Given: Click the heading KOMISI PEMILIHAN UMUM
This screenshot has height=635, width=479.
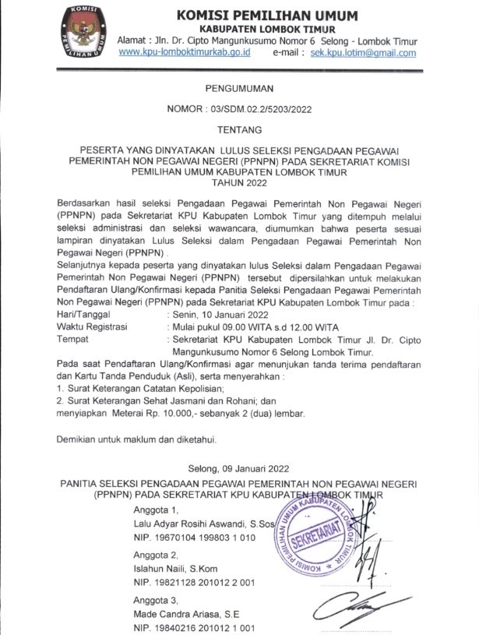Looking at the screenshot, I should [267, 16].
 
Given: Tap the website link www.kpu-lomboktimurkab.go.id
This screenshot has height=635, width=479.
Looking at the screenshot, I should [184, 53].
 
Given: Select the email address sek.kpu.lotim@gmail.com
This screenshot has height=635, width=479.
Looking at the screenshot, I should [363, 53].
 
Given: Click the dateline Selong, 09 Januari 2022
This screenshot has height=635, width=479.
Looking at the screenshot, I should [238, 468].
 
